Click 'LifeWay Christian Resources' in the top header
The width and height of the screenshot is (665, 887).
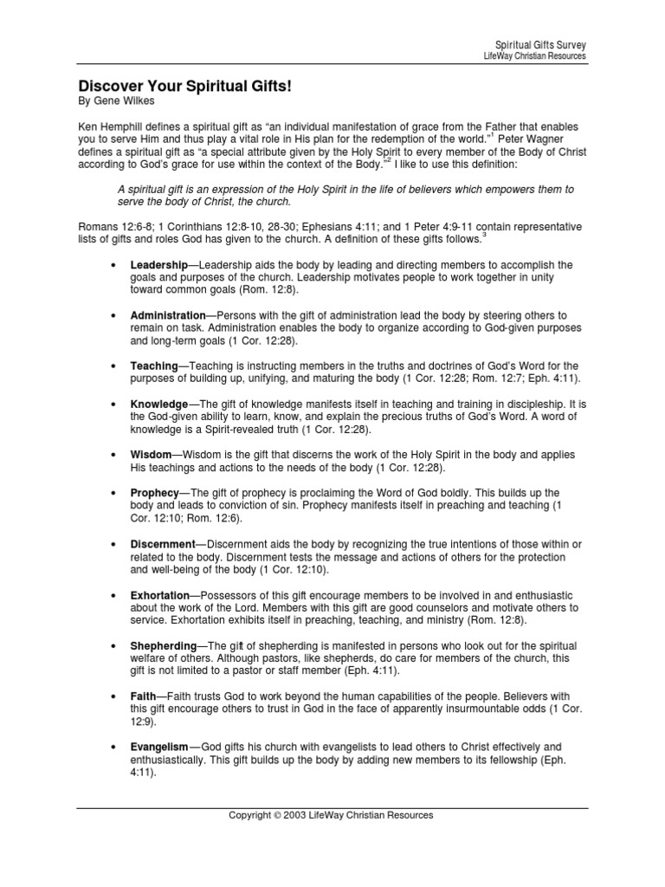pos(534,55)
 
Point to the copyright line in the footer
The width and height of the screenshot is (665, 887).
pos(331,815)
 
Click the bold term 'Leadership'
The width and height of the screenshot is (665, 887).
pos(158,264)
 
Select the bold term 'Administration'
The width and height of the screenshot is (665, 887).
pos(168,315)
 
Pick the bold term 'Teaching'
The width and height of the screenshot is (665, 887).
pos(154,366)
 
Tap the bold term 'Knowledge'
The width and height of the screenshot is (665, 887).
pos(159,405)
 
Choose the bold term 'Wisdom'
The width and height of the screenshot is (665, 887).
pos(151,455)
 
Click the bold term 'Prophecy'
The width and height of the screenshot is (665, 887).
pos(154,492)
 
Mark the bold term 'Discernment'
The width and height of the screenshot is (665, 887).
pos(163,543)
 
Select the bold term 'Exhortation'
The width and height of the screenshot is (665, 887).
pos(160,596)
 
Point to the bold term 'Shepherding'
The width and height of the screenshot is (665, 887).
pos(164,646)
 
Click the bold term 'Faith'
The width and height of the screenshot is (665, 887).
pos(144,696)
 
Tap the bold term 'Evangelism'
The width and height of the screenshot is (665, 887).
pos(159,747)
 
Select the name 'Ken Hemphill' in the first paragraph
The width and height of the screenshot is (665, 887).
pos(109,126)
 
